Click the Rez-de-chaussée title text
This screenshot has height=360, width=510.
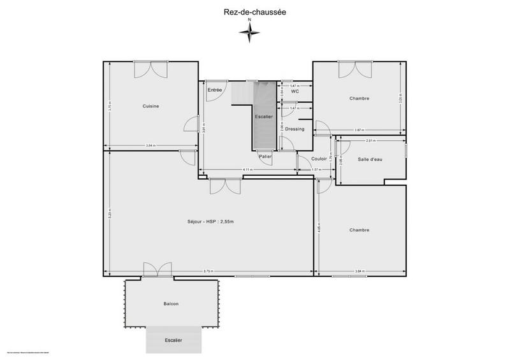coord(254,10)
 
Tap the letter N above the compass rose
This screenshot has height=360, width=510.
coord(250,20)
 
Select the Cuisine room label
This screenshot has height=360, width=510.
coord(150,106)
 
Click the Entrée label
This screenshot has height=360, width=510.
coord(215,90)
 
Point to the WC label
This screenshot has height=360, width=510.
coord(295,92)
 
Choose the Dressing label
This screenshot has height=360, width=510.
coord(295,129)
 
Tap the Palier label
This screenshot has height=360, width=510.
coord(265,156)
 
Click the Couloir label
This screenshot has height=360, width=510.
coord(319,159)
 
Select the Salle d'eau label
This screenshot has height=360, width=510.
coord(370,159)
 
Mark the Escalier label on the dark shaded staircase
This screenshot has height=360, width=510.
coord(263,117)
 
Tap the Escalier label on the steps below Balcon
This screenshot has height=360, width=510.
coord(173,340)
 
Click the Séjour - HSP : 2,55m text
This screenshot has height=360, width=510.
coord(210,221)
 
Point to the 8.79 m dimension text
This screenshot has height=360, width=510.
coord(208,272)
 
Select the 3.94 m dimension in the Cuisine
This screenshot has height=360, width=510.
coord(150,146)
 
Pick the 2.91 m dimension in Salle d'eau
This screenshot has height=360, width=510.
coord(370,140)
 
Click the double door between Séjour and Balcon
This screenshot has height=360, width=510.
coord(157,270)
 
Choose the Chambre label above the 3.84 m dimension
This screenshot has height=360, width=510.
coord(359,230)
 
